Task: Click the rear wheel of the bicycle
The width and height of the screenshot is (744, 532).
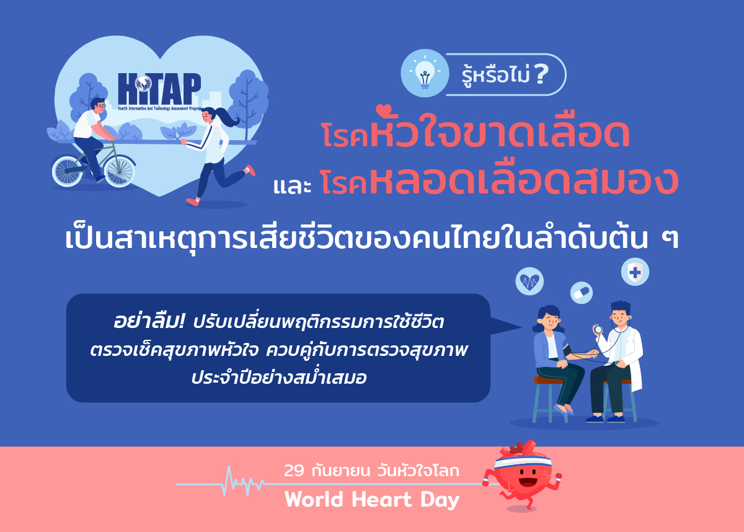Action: pyautogui.click(x=68, y=170)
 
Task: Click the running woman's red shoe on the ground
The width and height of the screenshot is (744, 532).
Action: pyautogui.click(x=193, y=202)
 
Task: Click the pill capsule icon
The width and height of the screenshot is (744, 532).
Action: pyautogui.click(x=582, y=291)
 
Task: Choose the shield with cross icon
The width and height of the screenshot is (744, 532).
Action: pyautogui.click(x=635, y=271)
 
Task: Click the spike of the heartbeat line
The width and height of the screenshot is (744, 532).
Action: pyautogui.click(x=231, y=481)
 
